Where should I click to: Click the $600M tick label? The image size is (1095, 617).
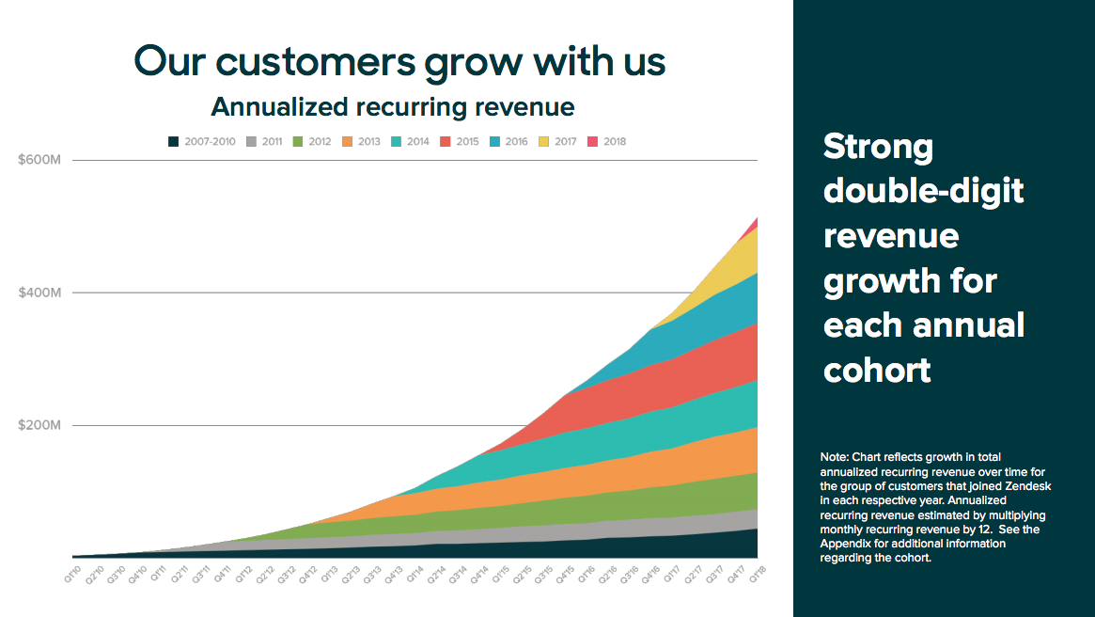coord(39,160)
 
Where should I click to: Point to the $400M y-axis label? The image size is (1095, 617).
coord(39,293)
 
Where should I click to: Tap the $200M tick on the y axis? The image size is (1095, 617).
coord(39,425)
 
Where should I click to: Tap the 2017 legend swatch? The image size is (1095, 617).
coord(542,142)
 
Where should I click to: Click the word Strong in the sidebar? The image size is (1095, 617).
coord(879,147)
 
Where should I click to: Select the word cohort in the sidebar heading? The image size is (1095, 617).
coord(877,370)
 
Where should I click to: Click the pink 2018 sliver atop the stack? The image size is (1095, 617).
coord(754,223)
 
